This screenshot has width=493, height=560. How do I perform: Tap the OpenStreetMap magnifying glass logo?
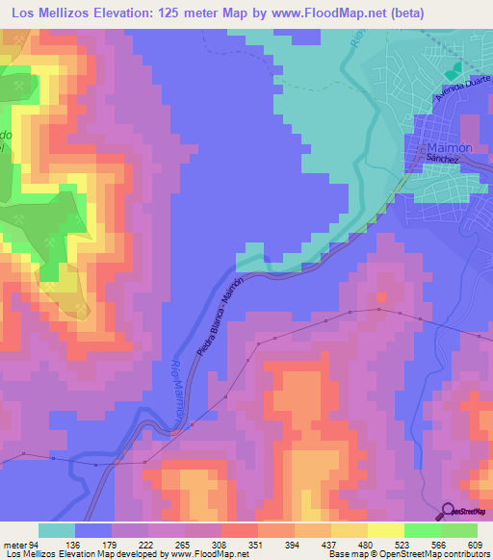pos(450,510)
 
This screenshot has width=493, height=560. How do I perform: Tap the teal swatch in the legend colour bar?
pos(57,530)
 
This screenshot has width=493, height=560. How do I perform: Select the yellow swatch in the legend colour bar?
pos(386,530)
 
